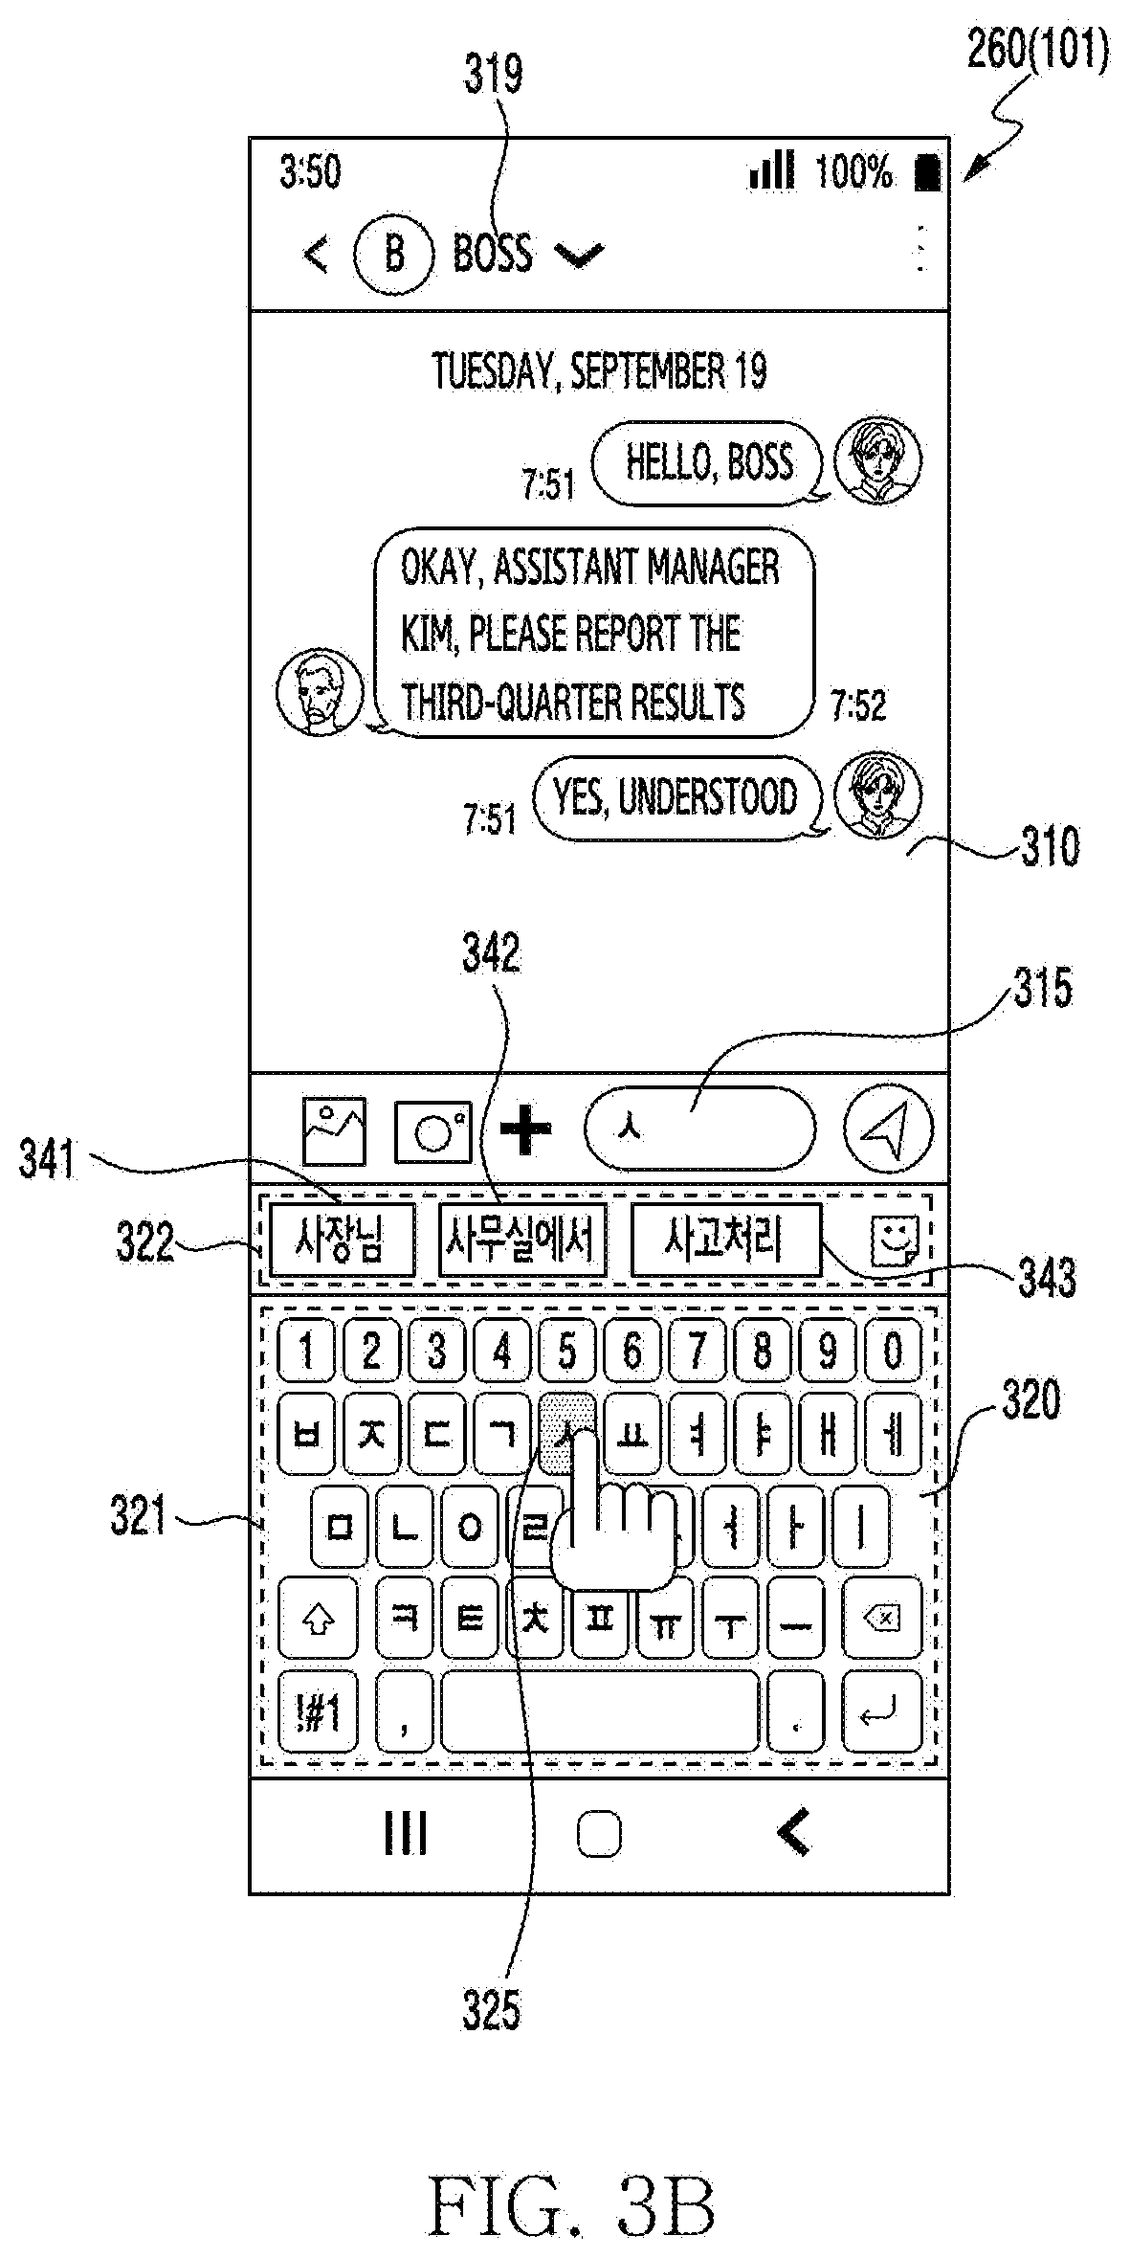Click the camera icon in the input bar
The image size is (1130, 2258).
(x=433, y=1132)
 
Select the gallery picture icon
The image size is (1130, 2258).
(x=334, y=1130)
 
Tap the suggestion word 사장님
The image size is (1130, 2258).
(x=342, y=1241)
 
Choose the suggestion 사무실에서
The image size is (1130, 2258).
(x=522, y=1241)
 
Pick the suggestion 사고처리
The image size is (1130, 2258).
(x=726, y=1241)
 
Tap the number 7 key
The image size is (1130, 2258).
(x=698, y=1351)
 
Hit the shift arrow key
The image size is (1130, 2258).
(x=318, y=1619)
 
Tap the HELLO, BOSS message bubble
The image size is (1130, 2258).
(x=709, y=462)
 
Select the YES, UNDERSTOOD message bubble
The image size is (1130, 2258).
(x=677, y=798)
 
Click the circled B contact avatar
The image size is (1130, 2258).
(x=393, y=255)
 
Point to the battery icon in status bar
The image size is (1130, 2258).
(x=926, y=173)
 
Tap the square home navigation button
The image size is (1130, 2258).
(x=600, y=1835)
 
